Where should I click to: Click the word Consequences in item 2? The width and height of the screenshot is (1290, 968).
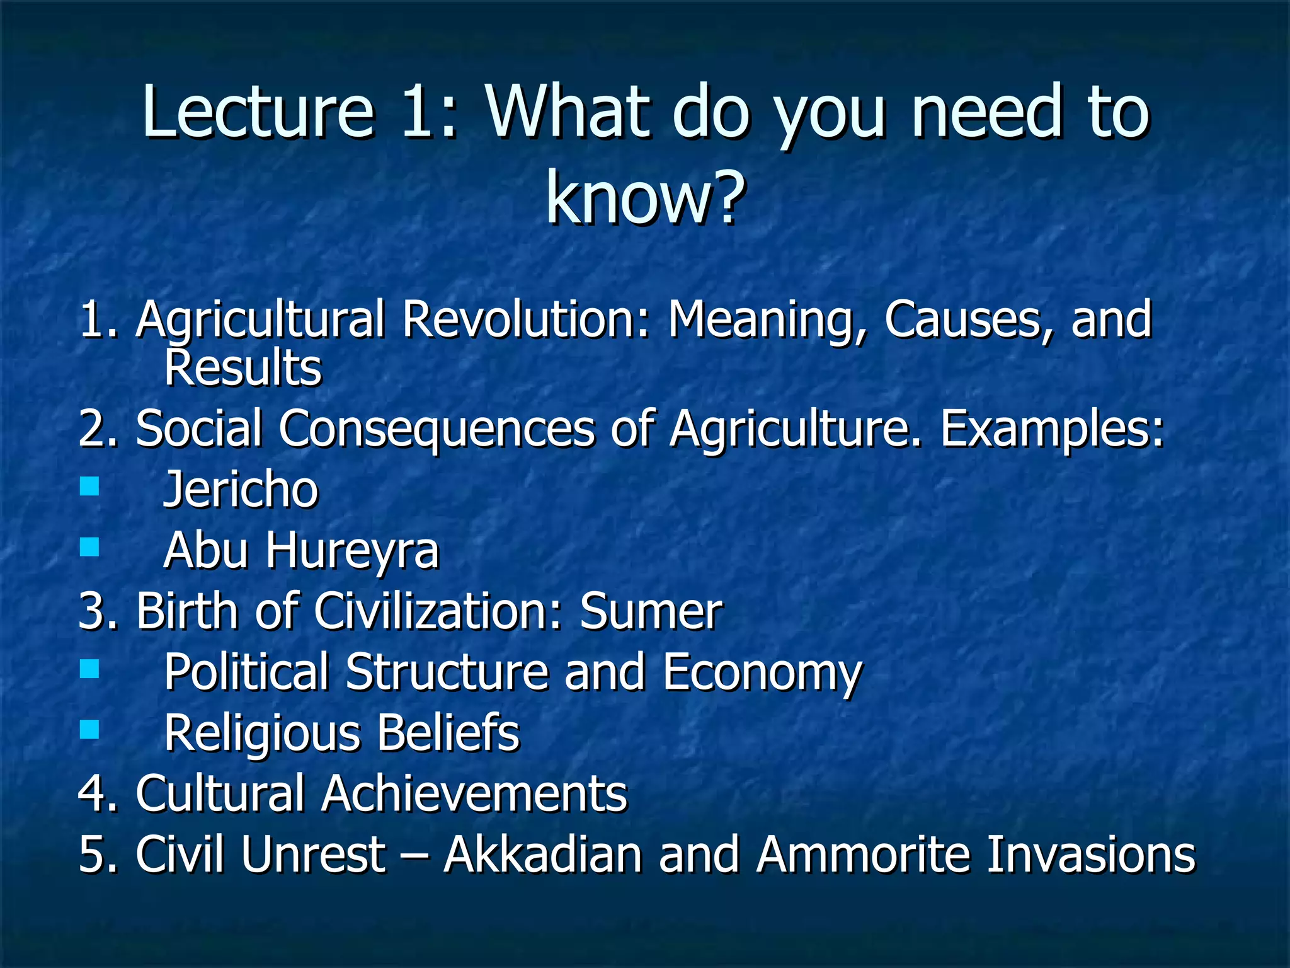(437, 429)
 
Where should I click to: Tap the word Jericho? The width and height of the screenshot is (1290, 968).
(241, 490)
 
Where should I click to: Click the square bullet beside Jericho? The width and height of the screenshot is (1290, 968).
(90, 486)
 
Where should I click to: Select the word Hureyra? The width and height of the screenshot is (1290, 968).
(351, 550)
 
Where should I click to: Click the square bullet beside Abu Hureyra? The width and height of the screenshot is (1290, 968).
(90, 546)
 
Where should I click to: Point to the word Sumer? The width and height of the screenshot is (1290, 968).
(651, 611)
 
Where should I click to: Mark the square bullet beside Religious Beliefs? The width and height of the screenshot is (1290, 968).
(90, 729)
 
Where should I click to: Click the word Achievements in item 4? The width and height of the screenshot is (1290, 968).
(474, 793)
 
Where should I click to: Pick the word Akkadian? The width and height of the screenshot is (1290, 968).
(543, 855)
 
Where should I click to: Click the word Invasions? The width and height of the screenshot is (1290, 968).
(1090, 855)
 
